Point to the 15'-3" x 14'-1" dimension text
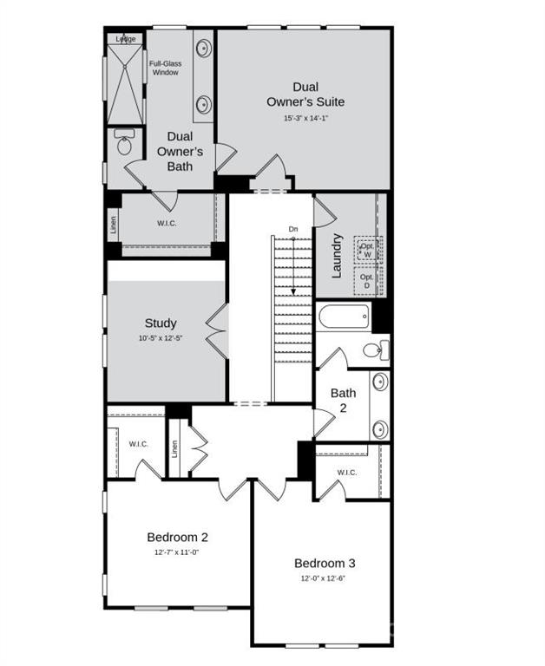(304, 118)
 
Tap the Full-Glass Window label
(164, 68)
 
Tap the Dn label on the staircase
(294, 229)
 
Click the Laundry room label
(337, 255)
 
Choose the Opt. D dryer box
(367, 281)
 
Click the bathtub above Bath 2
(345, 316)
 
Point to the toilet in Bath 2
(375, 350)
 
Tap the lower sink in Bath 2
(380, 428)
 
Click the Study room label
(161, 323)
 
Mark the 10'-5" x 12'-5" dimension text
(161, 336)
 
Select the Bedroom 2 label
(177, 537)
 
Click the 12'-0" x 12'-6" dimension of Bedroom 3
(325, 578)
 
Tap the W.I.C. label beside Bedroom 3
(346, 473)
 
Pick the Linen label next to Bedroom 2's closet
(174, 449)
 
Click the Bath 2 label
(343, 400)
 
